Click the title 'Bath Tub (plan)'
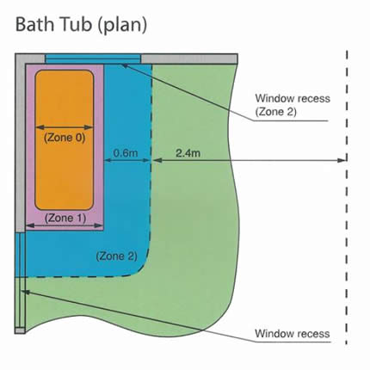tap(81, 25)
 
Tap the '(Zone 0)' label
tap(65, 138)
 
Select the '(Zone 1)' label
tap(65, 219)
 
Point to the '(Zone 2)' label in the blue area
tap(116, 256)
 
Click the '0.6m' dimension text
tap(126, 153)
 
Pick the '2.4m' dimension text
tap(188, 153)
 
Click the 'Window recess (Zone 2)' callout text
tap(293, 105)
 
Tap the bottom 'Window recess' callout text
tap(293, 334)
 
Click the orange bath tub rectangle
tap(65, 140)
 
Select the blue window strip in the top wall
tap(93, 59)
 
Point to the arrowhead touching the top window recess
tap(125, 65)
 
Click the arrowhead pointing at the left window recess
tap(25, 292)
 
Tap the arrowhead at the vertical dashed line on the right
tap(342, 161)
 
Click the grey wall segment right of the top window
tap(189, 59)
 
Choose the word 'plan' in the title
tap(122, 27)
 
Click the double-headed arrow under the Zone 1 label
tap(65, 226)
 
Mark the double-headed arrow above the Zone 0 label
tap(65, 127)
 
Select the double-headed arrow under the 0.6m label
tap(127, 161)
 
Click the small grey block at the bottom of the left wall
tap(20, 330)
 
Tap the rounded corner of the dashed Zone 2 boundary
tap(143, 268)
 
